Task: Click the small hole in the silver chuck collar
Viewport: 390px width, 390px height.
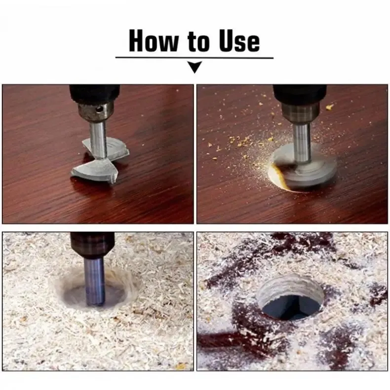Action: pos(99,109)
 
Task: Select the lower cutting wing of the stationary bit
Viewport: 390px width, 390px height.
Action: pos(94,171)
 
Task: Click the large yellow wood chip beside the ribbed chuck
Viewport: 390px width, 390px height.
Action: pos(329,107)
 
